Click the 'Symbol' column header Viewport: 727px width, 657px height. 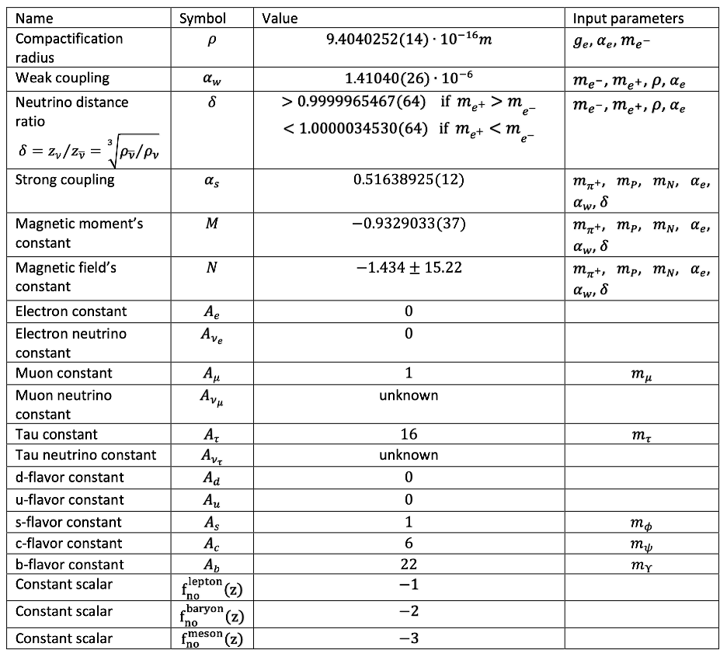(x=203, y=18)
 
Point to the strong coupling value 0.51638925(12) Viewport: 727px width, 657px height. (x=409, y=179)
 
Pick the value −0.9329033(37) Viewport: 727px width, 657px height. (x=409, y=224)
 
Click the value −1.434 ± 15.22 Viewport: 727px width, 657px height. (x=409, y=268)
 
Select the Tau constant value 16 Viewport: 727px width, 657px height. (x=409, y=434)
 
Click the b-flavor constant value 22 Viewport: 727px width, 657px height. (x=409, y=565)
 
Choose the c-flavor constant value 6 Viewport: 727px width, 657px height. (x=409, y=543)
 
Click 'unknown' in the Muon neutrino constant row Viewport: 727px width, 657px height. (x=409, y=395)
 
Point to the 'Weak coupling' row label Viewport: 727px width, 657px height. (x=62, y=78)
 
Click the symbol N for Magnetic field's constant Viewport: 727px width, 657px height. (x=203, y=269)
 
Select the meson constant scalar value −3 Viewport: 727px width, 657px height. (x=409, y=638)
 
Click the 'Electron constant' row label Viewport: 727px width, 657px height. (x=71, y=311)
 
